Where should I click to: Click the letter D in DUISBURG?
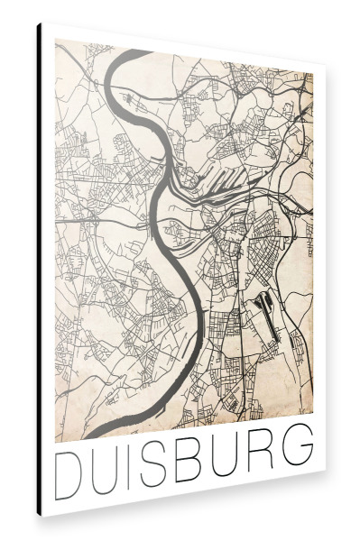coord(72,470)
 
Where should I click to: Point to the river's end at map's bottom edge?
coord(95,436)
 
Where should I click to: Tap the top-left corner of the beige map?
coord(56,41)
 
